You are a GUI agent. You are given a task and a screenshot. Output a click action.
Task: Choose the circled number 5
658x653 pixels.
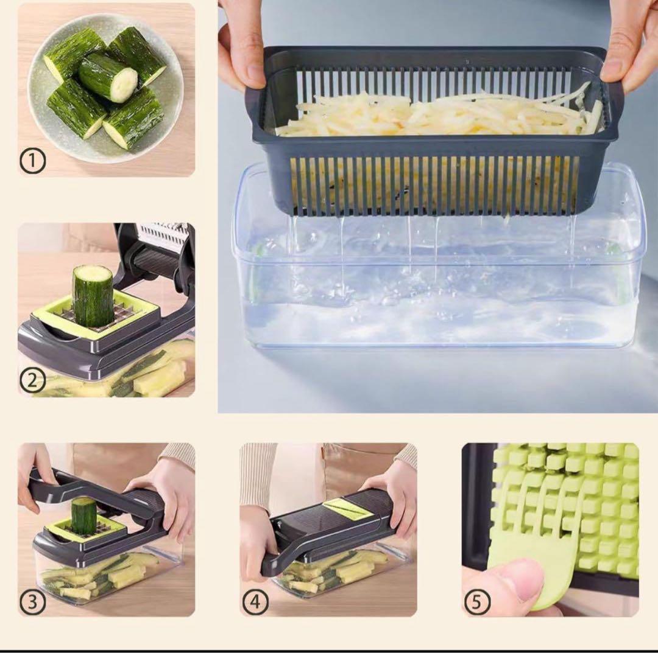tap(477, 602)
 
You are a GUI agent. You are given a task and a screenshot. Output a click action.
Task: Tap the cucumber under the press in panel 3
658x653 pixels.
tap(84, 515)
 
